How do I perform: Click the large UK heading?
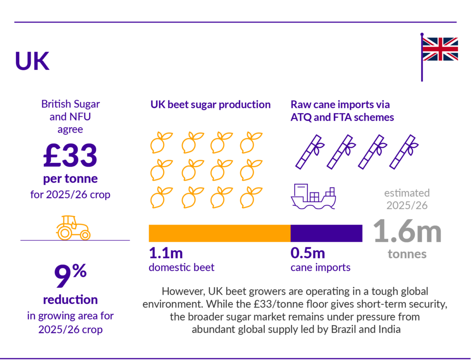point(32,61)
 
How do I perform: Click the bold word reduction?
point(70,300)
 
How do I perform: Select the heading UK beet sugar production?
point(210,105)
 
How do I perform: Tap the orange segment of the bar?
point(219,233)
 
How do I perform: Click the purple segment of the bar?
point(326,233)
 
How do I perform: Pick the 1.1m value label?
point(166,253)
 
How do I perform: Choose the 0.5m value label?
point(308,253)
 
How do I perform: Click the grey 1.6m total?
point(407,232)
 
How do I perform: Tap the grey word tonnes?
point(407,254)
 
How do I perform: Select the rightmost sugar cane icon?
point(403,151)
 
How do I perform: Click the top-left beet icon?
point(161,142)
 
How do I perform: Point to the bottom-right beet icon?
point(250,197)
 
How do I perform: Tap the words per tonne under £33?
point(70,178)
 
